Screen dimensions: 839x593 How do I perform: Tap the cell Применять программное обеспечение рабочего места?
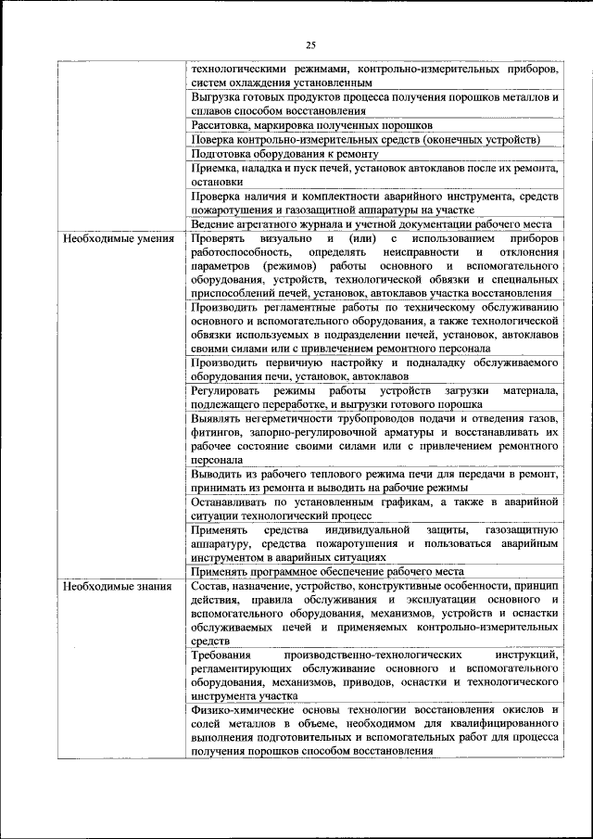point(341,572)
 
